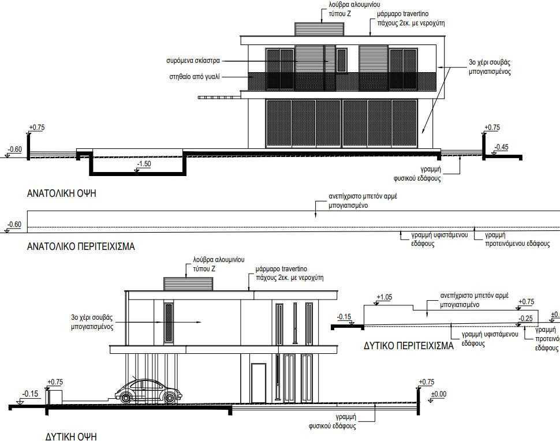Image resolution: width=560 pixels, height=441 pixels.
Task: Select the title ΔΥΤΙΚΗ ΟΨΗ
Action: click(71, 435)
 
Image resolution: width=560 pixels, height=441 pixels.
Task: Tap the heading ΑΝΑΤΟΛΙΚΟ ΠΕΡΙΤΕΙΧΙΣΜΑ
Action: click(81, 246)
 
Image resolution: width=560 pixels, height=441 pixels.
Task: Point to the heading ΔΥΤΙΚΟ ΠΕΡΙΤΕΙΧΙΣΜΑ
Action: click(409, 347)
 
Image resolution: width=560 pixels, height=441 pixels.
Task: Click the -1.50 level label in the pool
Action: click(144, 165)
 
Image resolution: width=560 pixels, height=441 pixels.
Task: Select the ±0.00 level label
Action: click(439, 394)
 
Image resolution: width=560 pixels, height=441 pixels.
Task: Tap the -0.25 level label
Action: click(525, 318)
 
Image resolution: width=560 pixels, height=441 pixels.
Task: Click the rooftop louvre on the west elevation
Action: click(189, 284)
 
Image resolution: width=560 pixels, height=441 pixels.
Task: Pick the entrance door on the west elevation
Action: click(258, 382)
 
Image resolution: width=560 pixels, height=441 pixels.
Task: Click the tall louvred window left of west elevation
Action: click(169, 324)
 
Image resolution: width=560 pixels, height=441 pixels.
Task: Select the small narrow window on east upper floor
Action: click(341, 58)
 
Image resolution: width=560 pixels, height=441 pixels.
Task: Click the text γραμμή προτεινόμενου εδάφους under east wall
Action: click(517, 240)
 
